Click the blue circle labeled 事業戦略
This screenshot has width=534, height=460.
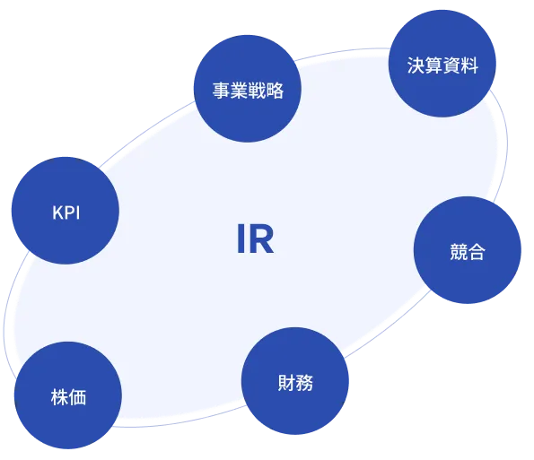pyautogui.click(x=247, y=91)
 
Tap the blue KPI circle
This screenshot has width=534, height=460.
pyautogui.click(x=65, y=212)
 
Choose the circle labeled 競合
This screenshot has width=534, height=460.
pyautogui.click(x=467, y=252)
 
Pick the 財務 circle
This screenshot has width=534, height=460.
pyautogui.click(x=296, y=382)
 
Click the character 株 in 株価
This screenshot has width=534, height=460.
pyautogui.click(x=58, y=396)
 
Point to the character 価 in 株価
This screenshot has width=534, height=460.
pyautogui.click(x=77, y=396)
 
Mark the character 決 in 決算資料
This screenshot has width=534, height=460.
pyautogui.click(x=415, y=65)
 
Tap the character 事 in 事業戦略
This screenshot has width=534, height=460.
pyautogui.click(x=220, y=91)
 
